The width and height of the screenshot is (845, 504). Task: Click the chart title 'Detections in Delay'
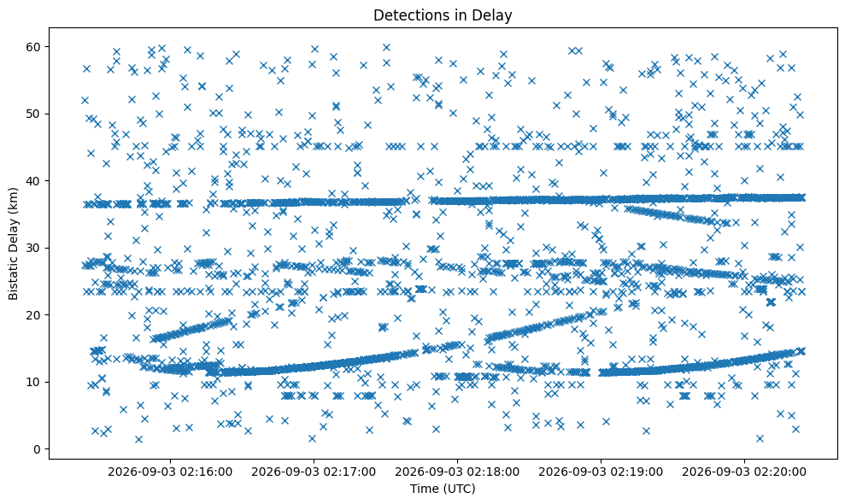click(x=443, y=15)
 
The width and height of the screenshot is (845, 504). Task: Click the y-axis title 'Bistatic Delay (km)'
click(x=13, y=243)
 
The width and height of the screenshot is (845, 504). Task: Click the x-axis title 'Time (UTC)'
click(x=443, y=489)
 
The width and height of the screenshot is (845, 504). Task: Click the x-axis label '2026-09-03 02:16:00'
click(x=170, y=472)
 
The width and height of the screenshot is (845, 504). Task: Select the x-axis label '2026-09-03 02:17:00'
click(x=314, y=472)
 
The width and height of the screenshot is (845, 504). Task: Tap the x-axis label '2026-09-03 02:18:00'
click(x=457, y=472)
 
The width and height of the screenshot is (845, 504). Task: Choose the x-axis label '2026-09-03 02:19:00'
click(x=601, y=472)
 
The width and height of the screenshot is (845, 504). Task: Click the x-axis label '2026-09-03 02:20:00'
click(x=744, y=472)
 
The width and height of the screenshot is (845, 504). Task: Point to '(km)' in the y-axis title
click(x=13, y=199)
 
